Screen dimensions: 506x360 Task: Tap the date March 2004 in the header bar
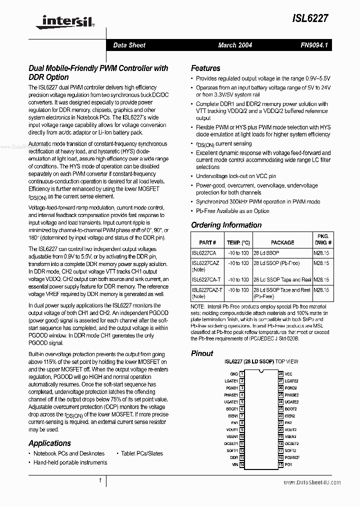tap(235, 45)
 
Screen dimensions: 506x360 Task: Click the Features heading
tap(205, 68)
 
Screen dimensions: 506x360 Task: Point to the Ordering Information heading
tap(226, 225)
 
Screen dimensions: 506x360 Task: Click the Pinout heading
tap(202, 353)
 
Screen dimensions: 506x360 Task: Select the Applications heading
tap(49, 443)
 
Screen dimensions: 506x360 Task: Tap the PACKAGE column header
tap(282, 242)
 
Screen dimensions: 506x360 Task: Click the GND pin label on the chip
tap(234, 374)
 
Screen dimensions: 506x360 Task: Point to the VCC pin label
tap(288, 374)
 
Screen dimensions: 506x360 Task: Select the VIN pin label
tap(234, 465)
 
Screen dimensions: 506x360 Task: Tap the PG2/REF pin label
tap(292, 458)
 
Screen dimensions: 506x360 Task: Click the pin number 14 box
tap(241, 465)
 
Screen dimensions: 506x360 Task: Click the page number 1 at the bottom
tap(100, 481)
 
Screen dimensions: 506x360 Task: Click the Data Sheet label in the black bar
tap(129, 45)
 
